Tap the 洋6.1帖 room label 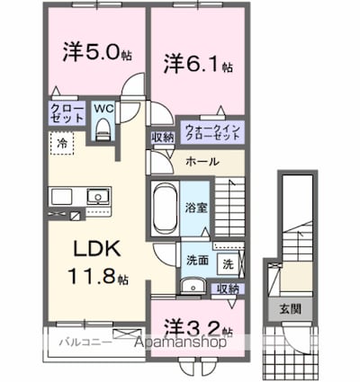[x=199, y=65]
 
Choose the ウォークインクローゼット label [x=212, y=131]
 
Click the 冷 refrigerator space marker [x=62, y=143]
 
